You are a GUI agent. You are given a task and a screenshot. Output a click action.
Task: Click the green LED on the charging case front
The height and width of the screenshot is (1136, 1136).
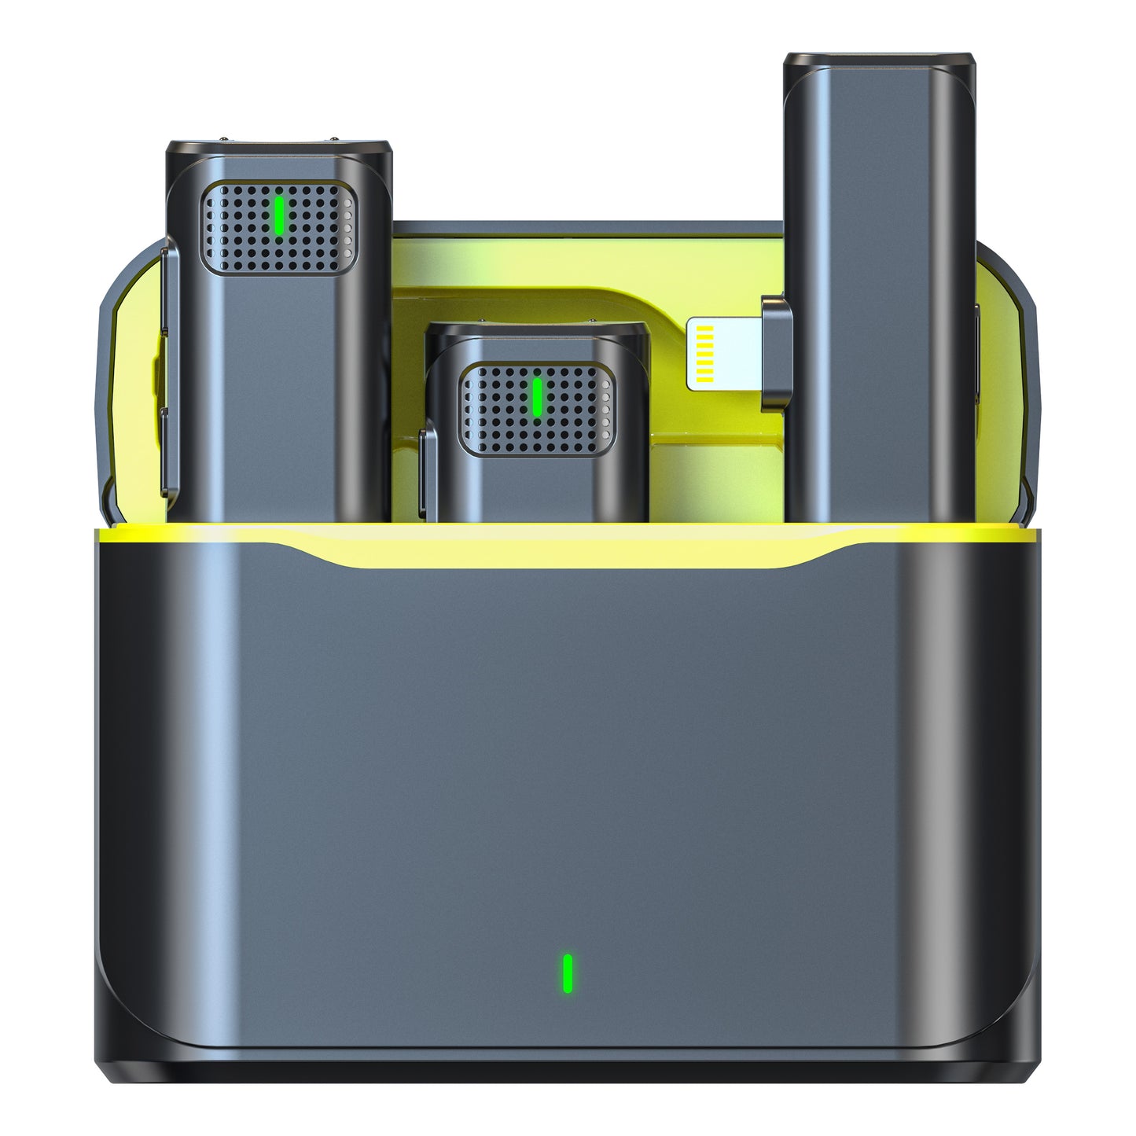[567, 972]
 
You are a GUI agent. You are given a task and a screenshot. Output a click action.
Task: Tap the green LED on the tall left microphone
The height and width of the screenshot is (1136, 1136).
[278, 215]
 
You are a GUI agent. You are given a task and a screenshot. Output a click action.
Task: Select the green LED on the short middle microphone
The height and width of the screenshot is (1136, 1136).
[537, 397]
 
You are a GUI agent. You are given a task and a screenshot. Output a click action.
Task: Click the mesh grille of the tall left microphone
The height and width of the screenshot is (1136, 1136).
[236, 228]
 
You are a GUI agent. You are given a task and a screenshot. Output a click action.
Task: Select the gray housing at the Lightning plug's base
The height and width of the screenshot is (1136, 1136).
[774, 353]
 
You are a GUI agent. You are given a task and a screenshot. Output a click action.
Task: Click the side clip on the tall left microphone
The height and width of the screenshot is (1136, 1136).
[169, 369]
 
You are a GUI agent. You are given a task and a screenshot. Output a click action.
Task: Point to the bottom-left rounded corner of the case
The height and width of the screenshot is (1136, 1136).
[118, 1053]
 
